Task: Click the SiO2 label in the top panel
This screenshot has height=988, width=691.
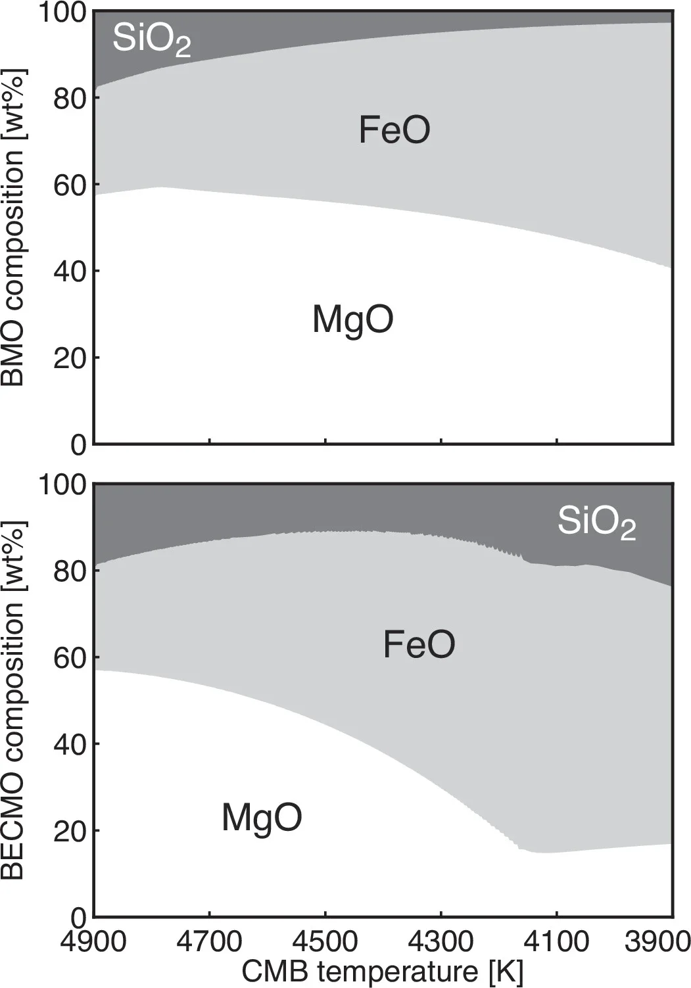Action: pos(151,39)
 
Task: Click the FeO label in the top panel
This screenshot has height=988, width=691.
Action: pos(394,129)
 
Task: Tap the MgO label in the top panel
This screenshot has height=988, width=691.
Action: pos(352,319)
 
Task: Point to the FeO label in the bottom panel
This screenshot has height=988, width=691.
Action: pos(419,644)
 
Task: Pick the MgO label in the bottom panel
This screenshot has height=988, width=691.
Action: pos(262,818)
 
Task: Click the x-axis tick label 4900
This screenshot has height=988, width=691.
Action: pos(93,941)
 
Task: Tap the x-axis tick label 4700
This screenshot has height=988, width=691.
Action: pos(209,941)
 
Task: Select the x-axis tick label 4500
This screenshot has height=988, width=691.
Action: pos(325,941)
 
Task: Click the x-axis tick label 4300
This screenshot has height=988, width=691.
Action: pos(441,941)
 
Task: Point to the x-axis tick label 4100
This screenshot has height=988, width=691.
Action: pos(556,941)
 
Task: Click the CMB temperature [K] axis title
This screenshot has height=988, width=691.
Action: pos(383,972)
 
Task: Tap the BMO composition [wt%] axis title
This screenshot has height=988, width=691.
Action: pos(13,227)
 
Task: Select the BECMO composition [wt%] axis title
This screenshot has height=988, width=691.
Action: pos(13,700)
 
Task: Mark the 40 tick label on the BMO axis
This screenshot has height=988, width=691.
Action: pos(70,271)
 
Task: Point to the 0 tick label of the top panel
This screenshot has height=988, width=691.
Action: pos(78,445)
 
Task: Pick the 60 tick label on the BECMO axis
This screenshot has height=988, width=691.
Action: pos(70,657)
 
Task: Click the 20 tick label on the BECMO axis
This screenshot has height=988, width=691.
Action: pos(70,831)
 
